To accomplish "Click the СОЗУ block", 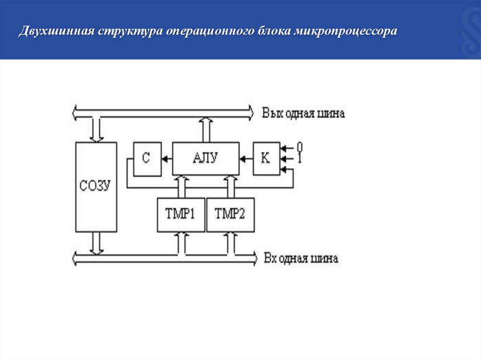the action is (x=96, y=186).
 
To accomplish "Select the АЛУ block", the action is (x=205, y=159).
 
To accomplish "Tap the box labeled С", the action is (x=147, y=159).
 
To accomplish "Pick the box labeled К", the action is (x=266, y=159).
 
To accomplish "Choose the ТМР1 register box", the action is (x=181, y=214).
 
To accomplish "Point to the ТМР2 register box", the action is (x=230, y=214).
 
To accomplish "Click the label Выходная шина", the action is (x=303, y=114).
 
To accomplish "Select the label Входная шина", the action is (x=301, y=259).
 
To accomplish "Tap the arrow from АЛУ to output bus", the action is (x=205, y=130).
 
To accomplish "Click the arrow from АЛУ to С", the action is (x=167, y=159).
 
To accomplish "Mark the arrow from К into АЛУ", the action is (x=246, y=159).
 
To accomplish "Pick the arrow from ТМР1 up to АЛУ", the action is (x=181, y=186).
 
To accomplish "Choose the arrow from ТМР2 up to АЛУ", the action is (x=230, y=186).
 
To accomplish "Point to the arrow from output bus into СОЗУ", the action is (x=97, y=130).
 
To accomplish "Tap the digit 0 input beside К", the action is (x=299, y=147).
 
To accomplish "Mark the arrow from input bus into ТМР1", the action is (x=181, y=243).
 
